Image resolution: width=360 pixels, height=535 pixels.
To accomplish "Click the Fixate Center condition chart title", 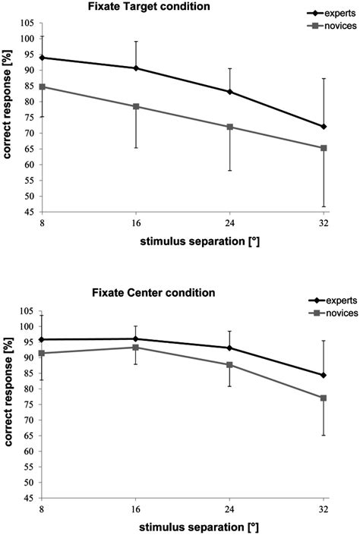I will click(x=141, y=292).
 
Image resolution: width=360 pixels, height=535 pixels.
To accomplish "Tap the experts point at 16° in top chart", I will click(x=136, y=68).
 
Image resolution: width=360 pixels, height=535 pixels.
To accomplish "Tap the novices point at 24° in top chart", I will click(x=230, y=127).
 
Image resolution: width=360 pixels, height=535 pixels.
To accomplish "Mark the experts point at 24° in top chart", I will click(x=230, y=92).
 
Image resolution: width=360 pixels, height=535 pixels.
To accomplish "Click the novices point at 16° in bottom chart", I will click(x=136, y=348).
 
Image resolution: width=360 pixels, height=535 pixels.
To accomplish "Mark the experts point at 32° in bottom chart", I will click(x=324, y=375).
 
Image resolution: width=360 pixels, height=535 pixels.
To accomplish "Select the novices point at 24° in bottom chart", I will click(x=230, y=365).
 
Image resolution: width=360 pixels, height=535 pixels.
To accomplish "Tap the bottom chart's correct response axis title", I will click(x=9, y=401).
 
